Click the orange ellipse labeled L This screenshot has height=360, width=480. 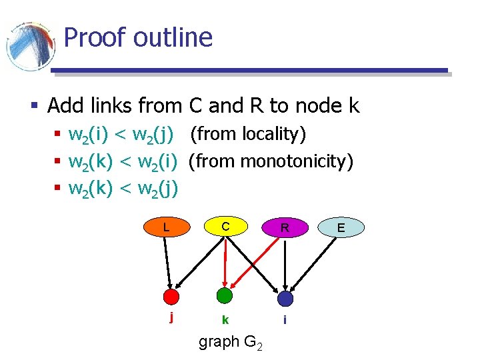click(x=166, y=227)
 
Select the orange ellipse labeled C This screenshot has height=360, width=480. click(x=225, y=227)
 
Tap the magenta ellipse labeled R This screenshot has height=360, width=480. click(x=285, y=227)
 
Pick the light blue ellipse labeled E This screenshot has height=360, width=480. click(x=341, y=227)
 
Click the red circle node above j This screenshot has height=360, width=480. click(x=172, y=296)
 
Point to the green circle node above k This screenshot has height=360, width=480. click(x=225, y=295)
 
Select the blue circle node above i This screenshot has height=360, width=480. click(x=285, y=298)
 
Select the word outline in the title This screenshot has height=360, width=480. click(x=173, y=37)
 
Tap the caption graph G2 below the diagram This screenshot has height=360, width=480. click(x=231, y=343)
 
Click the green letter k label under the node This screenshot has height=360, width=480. click(x=225, y=320)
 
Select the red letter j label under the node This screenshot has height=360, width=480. click(x=172, y=317)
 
